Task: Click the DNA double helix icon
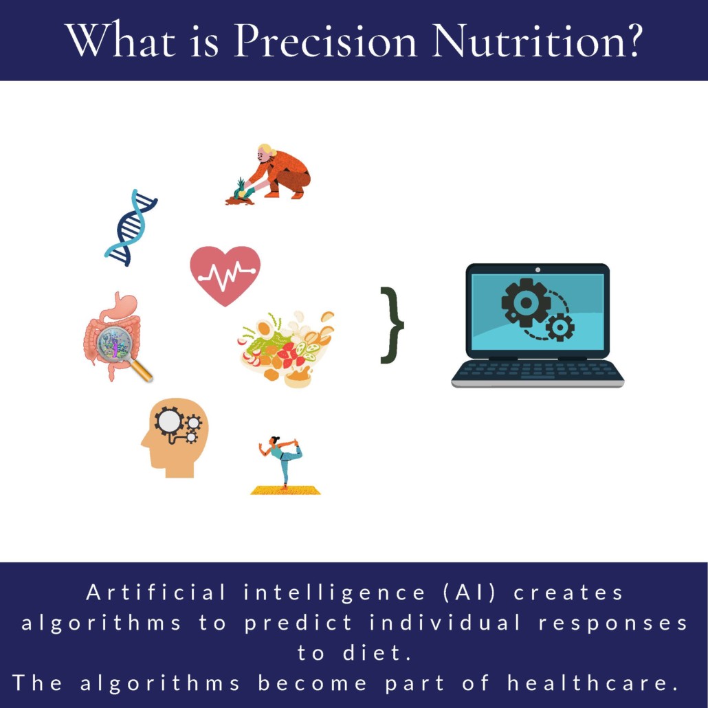coord(131,228)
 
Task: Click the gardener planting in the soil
coord(269,175)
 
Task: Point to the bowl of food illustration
coord(286,349)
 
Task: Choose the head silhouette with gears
coord(175,437)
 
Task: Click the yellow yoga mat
coord(285,490)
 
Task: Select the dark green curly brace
coord(392,324)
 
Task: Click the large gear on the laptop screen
coord(526,302)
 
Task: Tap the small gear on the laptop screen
coord(560,327)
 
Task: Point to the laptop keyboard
coord(538,371)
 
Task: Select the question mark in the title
coord(631,40)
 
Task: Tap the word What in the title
coord(120,40)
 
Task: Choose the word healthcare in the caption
coord(593,683)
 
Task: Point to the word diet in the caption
coord(377,652)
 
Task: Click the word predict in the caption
coord(298,623)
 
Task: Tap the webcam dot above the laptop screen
coord(538,269)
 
